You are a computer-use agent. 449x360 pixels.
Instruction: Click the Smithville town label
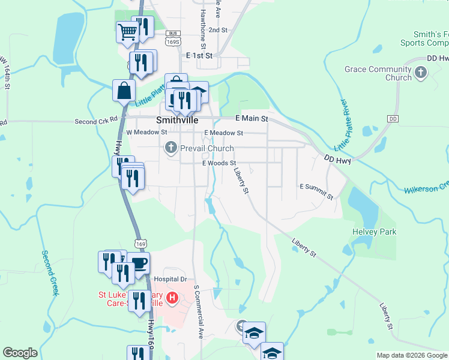(178, 119)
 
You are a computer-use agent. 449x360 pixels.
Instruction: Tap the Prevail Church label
(207, 148)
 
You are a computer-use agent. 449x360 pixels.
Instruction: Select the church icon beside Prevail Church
(171, 148)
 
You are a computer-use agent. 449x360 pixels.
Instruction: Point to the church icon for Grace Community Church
(421, 73)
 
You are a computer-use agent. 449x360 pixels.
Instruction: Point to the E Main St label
(252, 119)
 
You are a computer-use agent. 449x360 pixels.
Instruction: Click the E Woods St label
(219, 163)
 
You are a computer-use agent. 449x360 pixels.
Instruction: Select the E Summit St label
(316, 191)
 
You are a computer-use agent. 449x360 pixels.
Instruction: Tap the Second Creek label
(49, 272)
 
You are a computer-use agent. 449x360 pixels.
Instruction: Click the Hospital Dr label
(171, 279)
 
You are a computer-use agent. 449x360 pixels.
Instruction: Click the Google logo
(20, 353)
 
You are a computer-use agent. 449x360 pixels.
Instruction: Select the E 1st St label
(199, 55)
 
